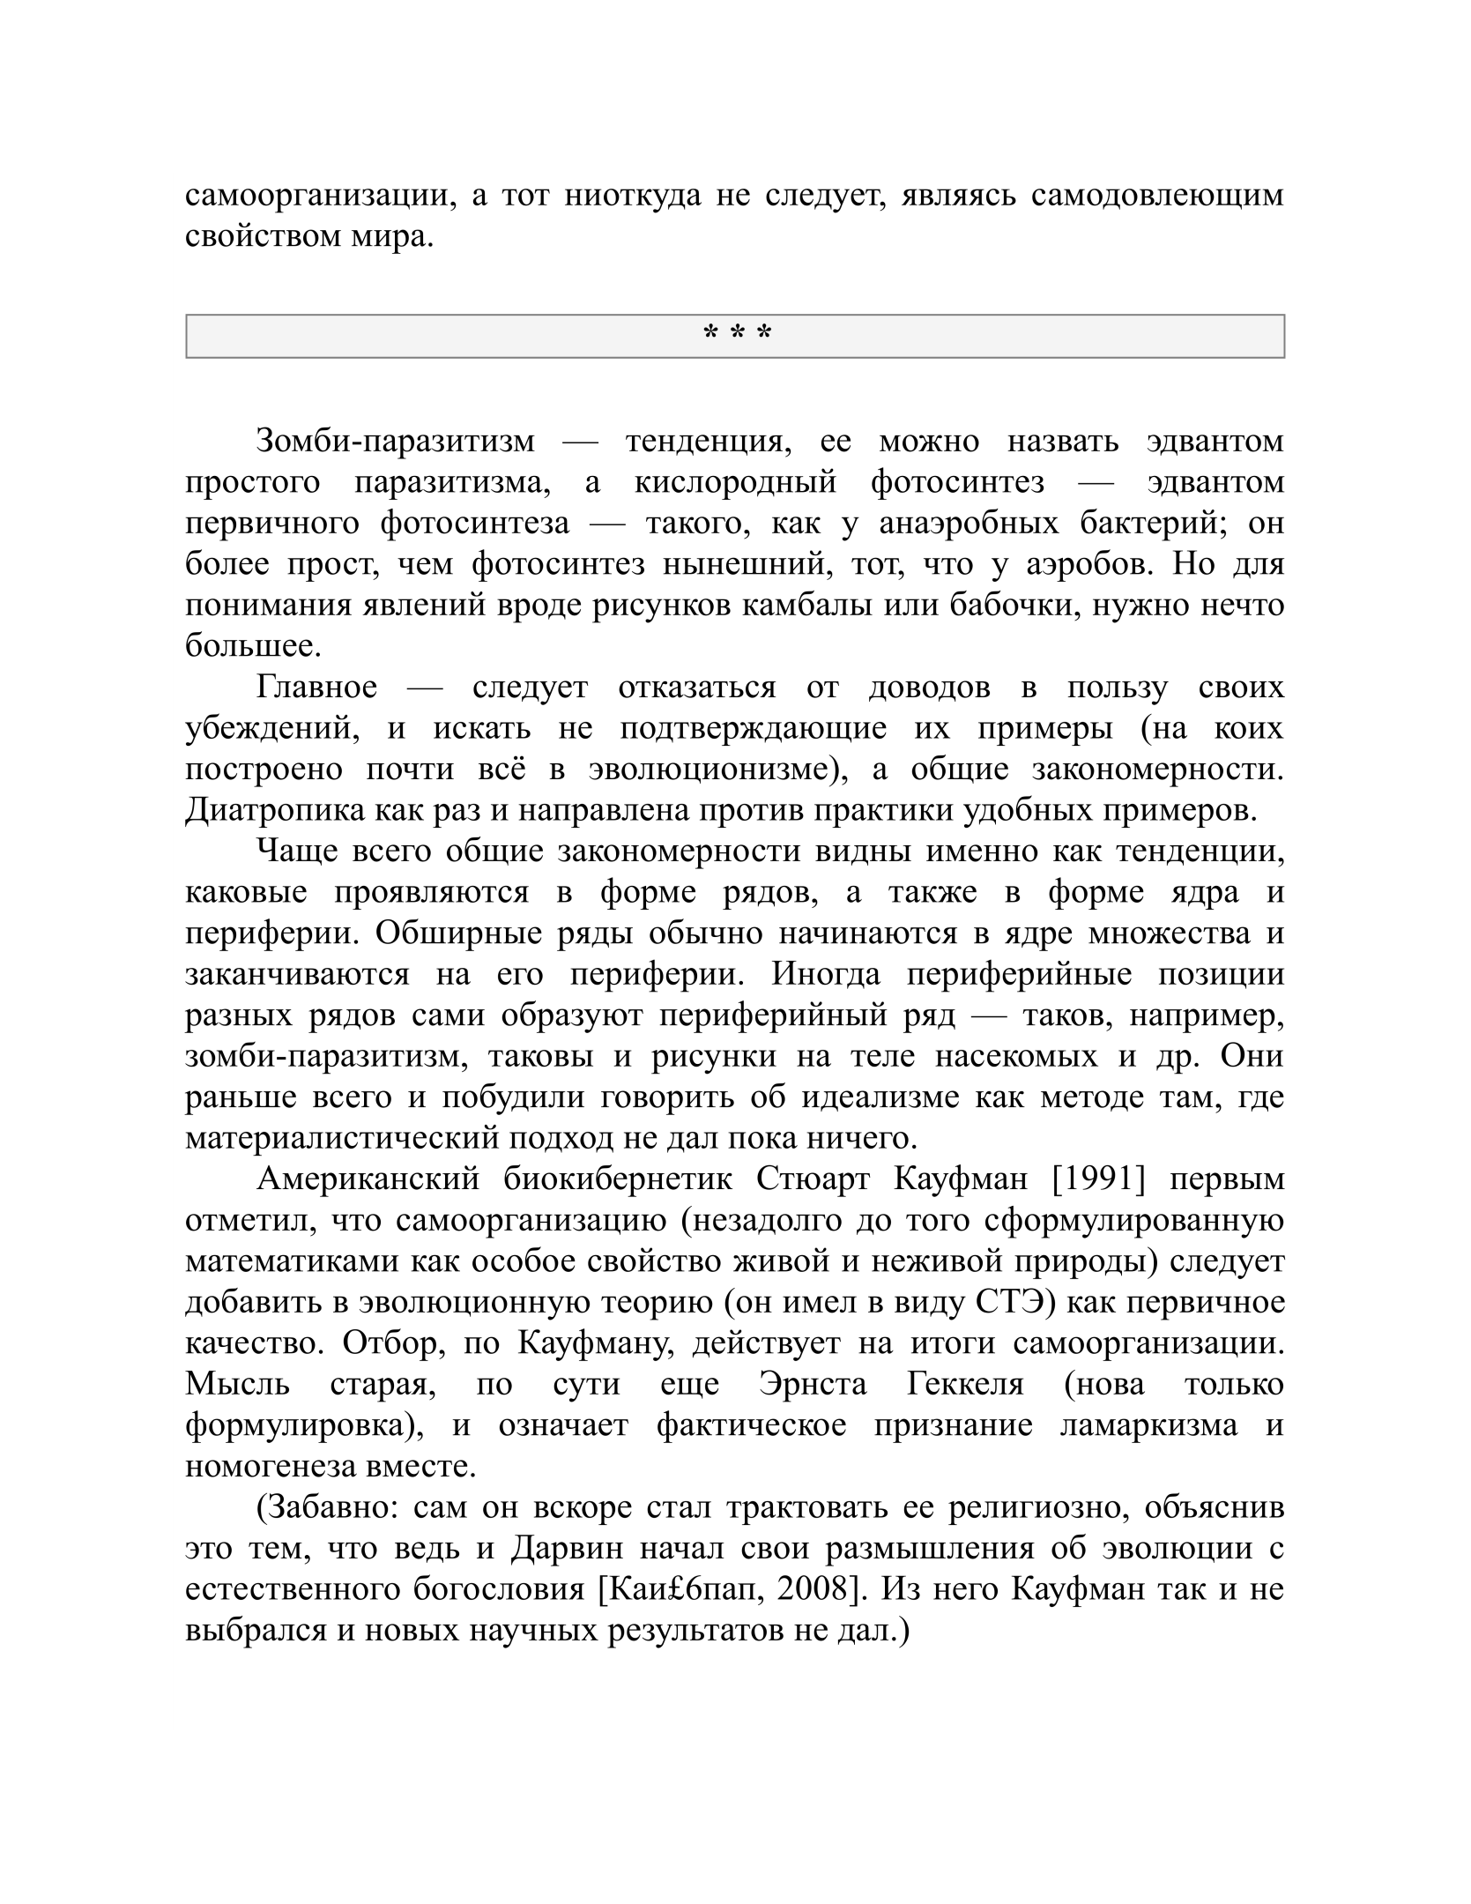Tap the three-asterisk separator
[735, 335]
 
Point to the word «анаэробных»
[969, 523]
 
